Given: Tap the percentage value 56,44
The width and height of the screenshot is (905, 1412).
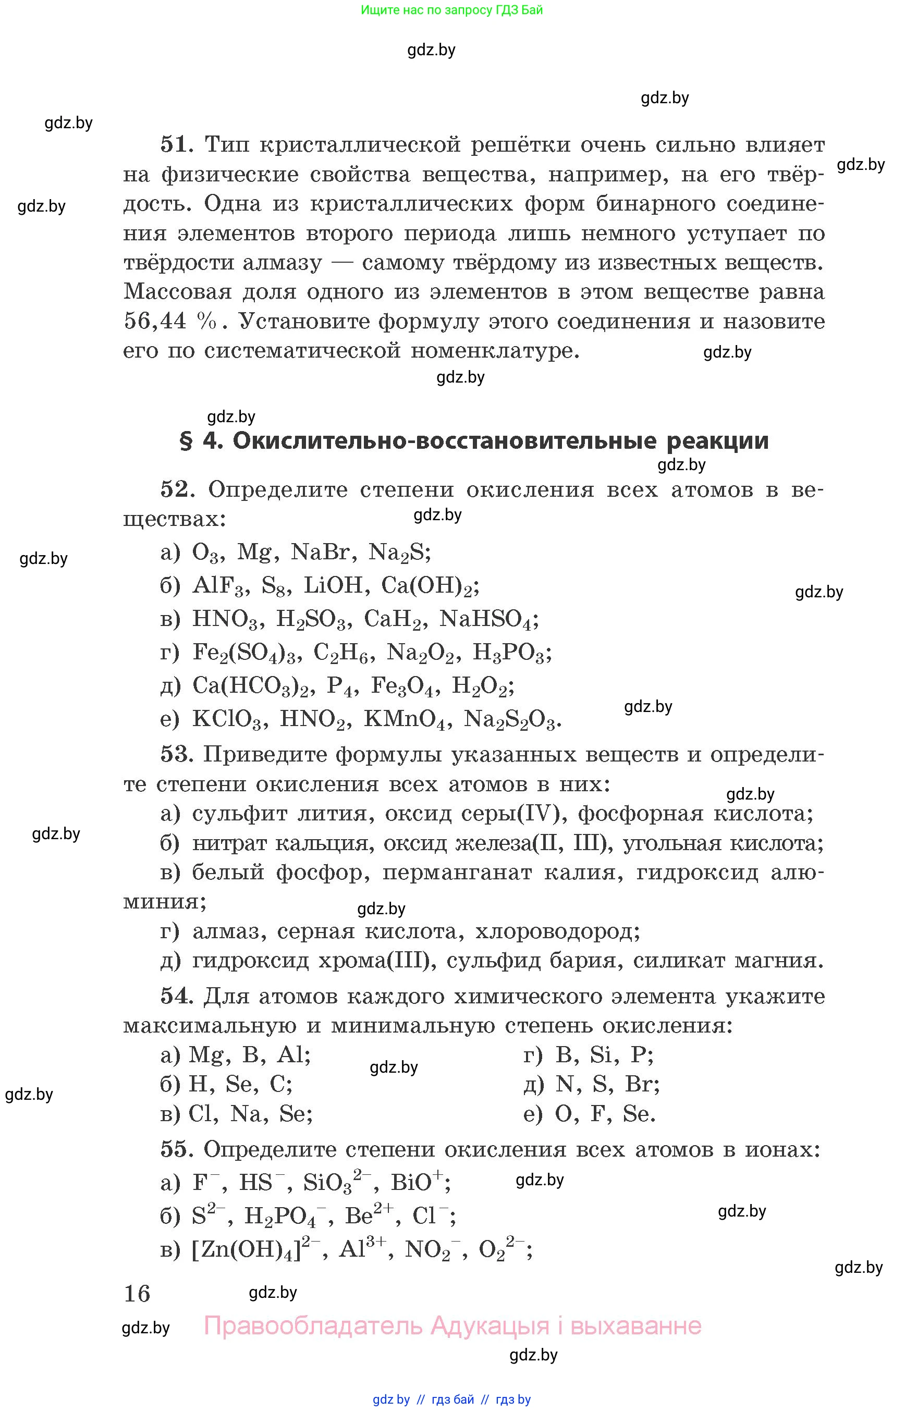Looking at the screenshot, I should coord(154,321).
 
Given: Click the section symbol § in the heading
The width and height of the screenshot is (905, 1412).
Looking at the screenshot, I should coord(186,441).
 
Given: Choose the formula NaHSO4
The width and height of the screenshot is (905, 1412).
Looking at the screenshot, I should coord(488,619).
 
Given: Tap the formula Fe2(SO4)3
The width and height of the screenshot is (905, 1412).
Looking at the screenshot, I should coord(244,652).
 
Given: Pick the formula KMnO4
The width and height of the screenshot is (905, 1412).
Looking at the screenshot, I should coord(406,719).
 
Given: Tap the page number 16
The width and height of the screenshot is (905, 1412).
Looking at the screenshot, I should coord(138,1294).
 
